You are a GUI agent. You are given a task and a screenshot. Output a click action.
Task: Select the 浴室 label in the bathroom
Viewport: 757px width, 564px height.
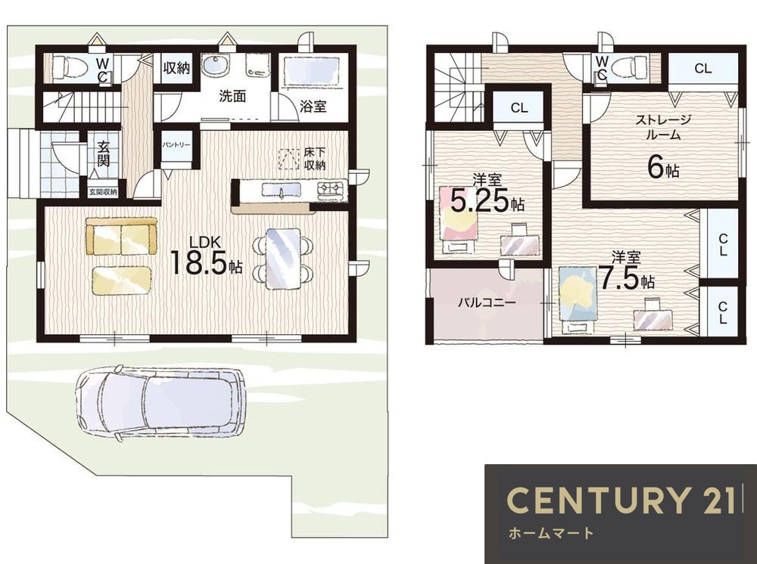[x=313, y=107]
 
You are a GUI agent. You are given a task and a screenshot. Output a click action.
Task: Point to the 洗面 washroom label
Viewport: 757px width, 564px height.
[x=232, y=97]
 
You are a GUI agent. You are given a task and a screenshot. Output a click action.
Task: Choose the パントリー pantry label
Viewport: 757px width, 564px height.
[x=176, y=145]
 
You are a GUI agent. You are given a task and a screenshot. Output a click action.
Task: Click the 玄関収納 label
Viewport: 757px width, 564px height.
[x=103, y=192]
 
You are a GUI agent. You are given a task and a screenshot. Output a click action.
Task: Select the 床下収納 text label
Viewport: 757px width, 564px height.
[x=315, y=159]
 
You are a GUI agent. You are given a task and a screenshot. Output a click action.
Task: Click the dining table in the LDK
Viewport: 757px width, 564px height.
[x=283, y=258]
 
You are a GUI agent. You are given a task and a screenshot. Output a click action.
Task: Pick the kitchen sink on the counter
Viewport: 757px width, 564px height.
[x=282, y=191]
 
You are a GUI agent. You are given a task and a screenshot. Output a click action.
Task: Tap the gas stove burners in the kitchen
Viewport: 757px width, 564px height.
[x=332, y=190]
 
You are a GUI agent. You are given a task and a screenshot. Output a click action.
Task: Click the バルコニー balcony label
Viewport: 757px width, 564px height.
[x=487, y=302]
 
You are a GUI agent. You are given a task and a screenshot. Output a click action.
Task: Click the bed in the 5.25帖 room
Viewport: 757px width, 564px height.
[x=459, y=219]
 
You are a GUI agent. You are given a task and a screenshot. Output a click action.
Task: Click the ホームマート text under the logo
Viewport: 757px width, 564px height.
[x=550, y=533]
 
